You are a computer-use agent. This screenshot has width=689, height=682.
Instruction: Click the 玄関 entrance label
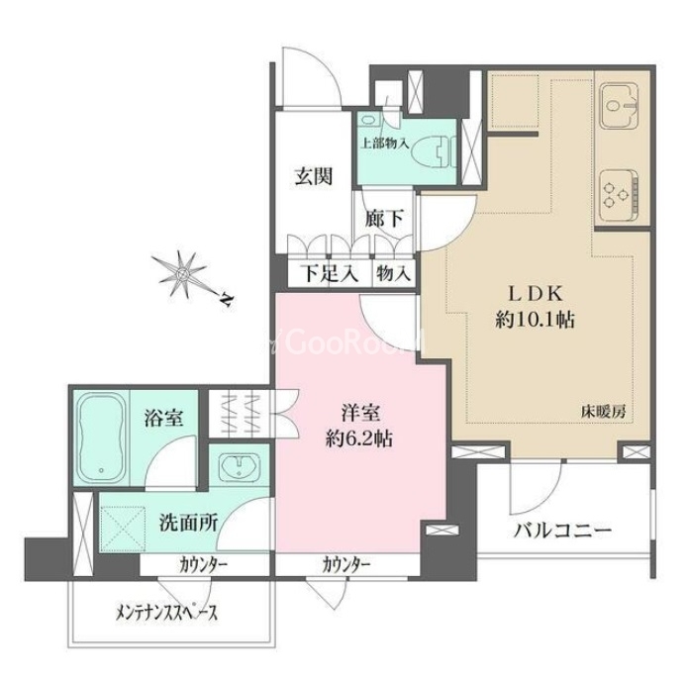pyautogui.click(x=313, y=176)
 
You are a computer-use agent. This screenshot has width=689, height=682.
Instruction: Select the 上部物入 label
pyautogui.click(x=384, y=143)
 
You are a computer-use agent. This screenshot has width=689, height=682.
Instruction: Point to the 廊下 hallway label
pyautogui.click(x=384, y=218)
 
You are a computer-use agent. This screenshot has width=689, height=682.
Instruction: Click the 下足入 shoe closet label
pyautogui.click(x=330, y=274)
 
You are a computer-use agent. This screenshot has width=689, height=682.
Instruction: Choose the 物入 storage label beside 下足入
pyautogui.click(x=394, y=274)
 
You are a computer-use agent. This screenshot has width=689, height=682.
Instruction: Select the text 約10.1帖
pyautogui.click(x=535, y=320)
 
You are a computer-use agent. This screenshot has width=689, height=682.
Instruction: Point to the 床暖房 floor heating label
pyautogui.click(x=603, y=412)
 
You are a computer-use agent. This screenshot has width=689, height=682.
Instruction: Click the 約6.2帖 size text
pyautogui.click(x=359, y=438)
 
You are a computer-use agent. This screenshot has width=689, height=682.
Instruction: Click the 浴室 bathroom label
pyautogui.click(x=164, y=418)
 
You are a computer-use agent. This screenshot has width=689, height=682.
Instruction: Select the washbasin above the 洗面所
pyautogui.click(x=239, y=466)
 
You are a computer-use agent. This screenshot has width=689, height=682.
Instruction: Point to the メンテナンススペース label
pyautogui.click(x=166, y=612)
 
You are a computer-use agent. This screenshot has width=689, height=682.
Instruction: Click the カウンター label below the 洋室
pyautogui.click(x=345, y=564)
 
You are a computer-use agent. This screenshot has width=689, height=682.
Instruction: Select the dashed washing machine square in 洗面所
pyautogui.click(x=123, y=529)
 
